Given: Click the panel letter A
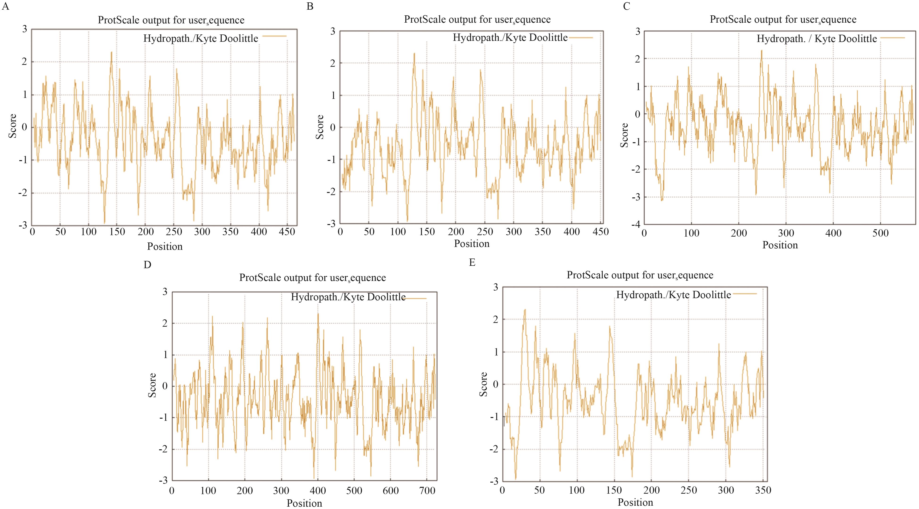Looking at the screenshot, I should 5,7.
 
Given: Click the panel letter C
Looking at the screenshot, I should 626,6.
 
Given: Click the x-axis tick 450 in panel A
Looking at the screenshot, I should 287,232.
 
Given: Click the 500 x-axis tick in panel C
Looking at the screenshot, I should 881,233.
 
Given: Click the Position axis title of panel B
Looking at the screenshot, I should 472,244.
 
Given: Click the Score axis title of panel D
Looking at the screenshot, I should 152,385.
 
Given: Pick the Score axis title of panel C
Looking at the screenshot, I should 624,135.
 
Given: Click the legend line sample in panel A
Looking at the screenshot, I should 274,36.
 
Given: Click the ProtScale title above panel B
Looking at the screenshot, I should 477,19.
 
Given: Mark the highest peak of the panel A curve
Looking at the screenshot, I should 111,52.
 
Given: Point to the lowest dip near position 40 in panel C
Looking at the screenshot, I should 662,200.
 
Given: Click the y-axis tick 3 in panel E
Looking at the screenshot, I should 496,287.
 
